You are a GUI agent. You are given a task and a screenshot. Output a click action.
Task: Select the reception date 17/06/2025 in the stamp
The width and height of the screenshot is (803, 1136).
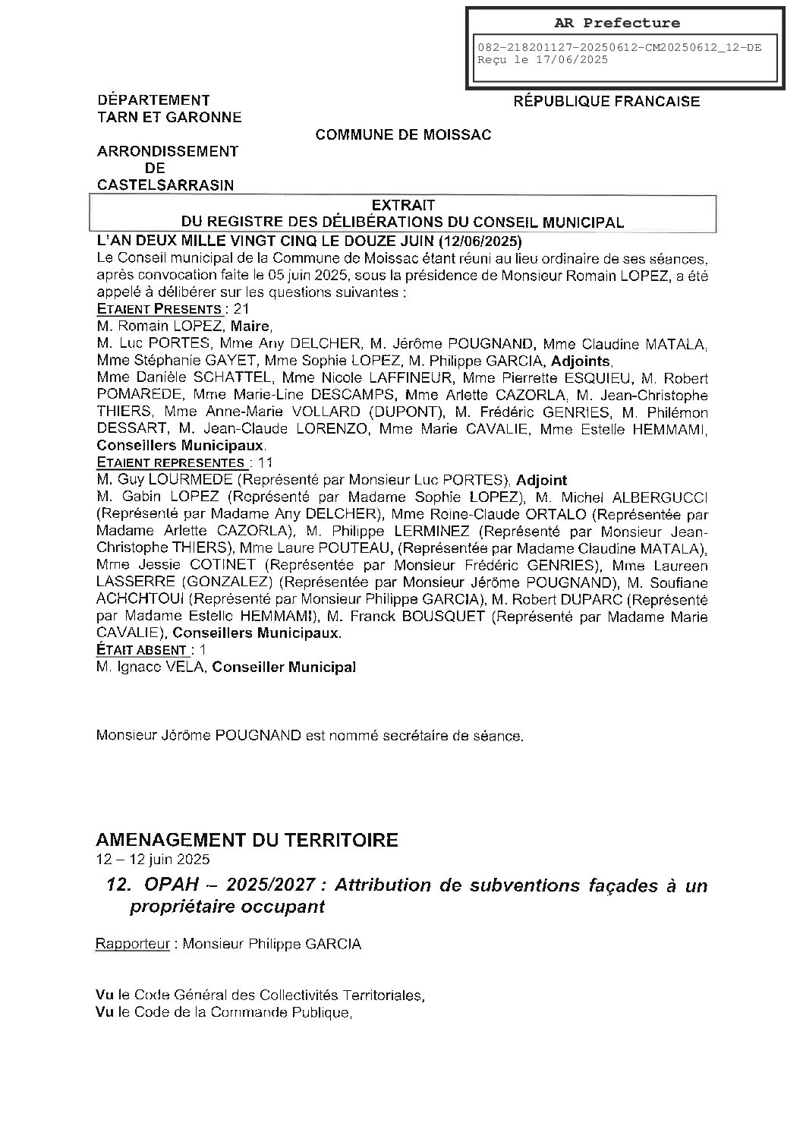pyautogui.click(x=571, y=60)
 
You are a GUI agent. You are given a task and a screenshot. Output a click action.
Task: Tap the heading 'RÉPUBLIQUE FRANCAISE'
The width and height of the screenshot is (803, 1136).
pyautogui.click(x=606, y=101)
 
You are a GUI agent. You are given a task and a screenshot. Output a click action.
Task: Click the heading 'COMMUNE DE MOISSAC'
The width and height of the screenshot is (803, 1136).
pyautogui.click(x=403, y=135)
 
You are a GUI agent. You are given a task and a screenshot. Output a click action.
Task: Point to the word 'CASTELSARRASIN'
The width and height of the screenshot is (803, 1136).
pyautogui.click(x=165, y=185)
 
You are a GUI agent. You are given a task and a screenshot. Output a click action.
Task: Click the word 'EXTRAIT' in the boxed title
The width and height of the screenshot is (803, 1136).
pyautogui.click(x=403, y=205)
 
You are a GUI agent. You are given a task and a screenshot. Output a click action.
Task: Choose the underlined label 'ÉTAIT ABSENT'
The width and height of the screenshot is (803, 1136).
pyautogui.click(x=142, y=650)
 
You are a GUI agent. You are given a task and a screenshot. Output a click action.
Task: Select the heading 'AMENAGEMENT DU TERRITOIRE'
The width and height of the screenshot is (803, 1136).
pyautogui.click(x=247, y=840)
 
